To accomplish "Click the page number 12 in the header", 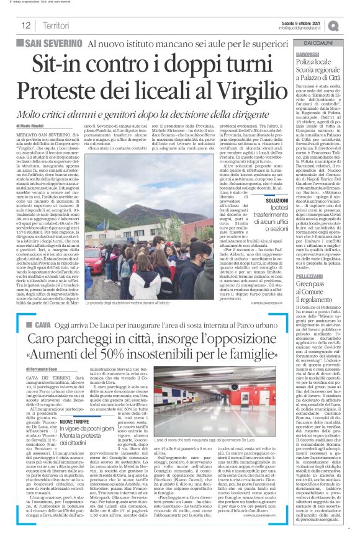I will click(x=27, y=25).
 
